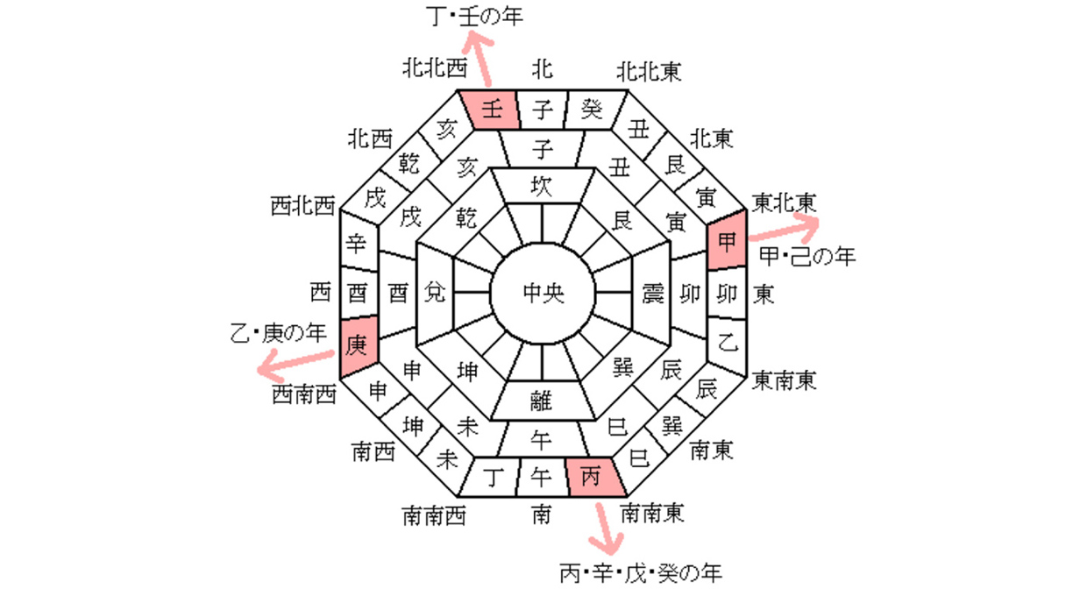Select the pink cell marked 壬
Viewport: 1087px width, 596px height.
(x=492, y=110)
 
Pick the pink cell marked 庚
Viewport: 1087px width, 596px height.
(x=357, y=345)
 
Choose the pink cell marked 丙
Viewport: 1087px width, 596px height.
(x=593, y=477)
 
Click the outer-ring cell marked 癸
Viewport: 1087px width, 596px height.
(x=593, y=110)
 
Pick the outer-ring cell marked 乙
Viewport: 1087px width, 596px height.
(x=727, y=343)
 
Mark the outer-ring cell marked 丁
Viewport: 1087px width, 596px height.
(x=492, y=477)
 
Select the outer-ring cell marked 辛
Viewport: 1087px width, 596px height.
(x=357, y=243)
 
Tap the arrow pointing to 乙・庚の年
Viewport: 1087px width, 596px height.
(x=294, y=360)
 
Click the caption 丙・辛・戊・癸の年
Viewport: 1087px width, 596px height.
(x=641, y=574)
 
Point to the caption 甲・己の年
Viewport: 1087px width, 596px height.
(x=806, y=256)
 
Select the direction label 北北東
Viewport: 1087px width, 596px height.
(x=649, y=69)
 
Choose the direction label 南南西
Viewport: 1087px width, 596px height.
(x=433, y=514)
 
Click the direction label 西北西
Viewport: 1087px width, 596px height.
(x=303, y=207)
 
